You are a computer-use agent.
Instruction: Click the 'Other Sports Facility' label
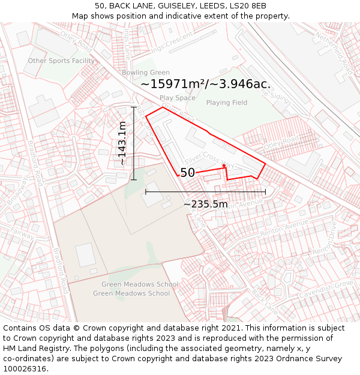(x=61, y=61)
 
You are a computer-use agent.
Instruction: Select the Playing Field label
(x=227, y=103)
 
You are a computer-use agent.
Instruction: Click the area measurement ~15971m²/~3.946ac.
(x=205, y=85)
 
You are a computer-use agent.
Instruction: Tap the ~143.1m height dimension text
(x=122, y=143)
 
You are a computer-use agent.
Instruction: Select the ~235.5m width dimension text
(x=206, y=204)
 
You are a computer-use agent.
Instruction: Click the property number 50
(x=187, y=173)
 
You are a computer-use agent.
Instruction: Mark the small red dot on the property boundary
(x=224, y=166)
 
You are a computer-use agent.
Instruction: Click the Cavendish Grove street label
(x=327, y=288)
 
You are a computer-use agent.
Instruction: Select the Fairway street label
(x=22, y=235)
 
